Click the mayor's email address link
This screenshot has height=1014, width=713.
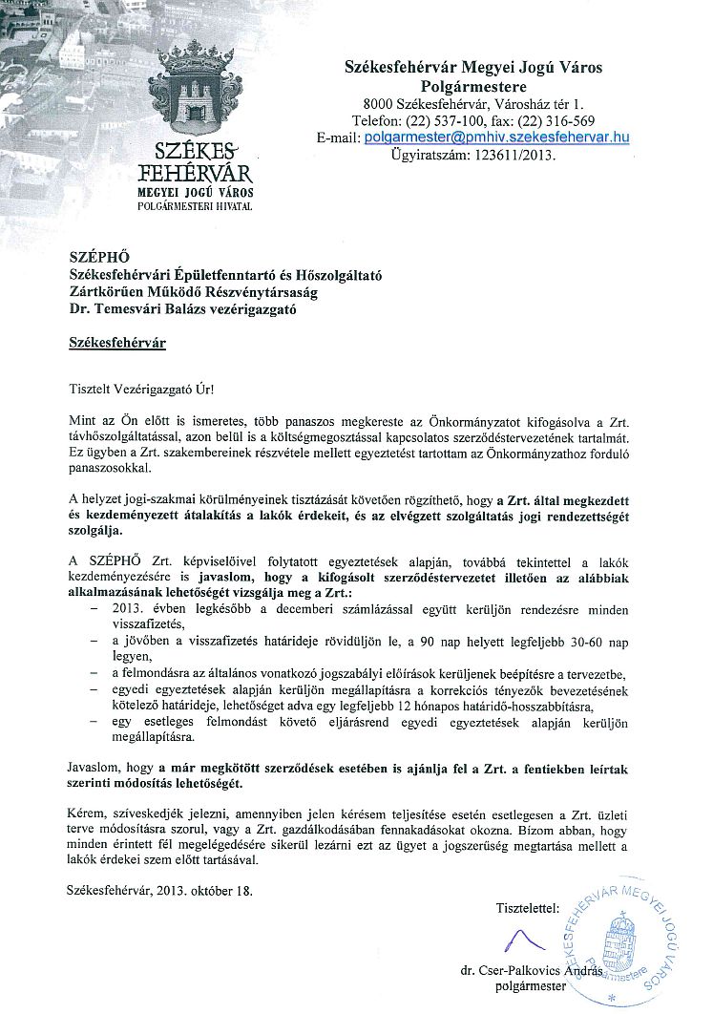tap(498, 137)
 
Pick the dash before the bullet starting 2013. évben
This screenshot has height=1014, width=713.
tap(94, 607)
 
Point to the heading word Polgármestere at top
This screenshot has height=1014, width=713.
tap(473, 85)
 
